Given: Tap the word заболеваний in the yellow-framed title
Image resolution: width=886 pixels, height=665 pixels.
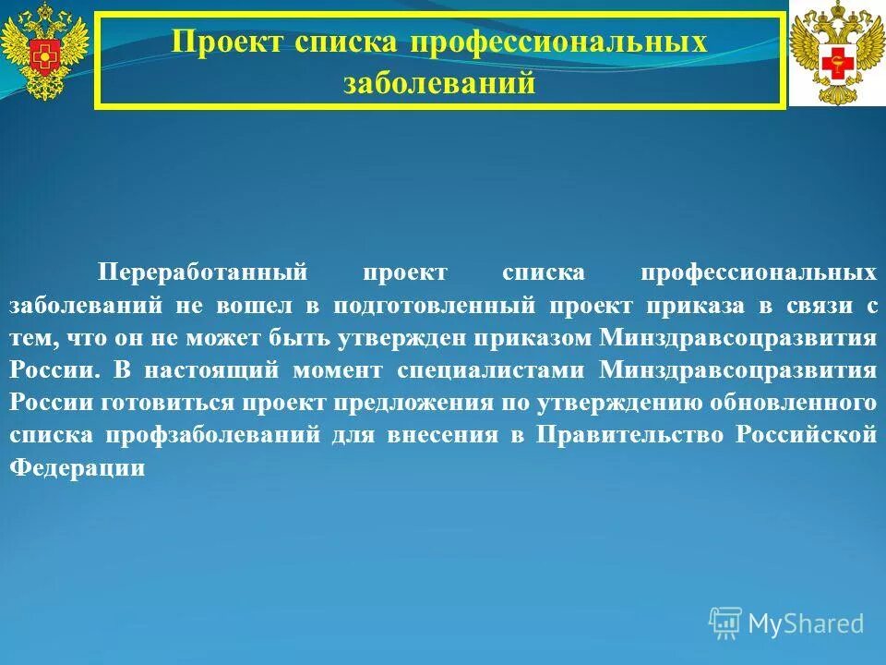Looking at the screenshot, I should tap(439, 83).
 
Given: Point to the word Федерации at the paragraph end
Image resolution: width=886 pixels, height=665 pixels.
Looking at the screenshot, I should tap(78, 468).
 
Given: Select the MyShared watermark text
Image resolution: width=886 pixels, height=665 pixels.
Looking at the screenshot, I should tap(806, 623).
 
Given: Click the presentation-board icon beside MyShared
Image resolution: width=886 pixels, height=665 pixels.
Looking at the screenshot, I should tap(725, 623).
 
